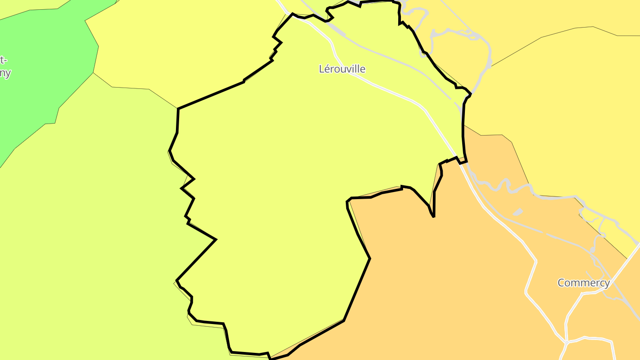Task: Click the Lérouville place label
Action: (342, 69)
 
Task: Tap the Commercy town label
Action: (584, 283)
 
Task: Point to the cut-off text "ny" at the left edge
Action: (5, 73)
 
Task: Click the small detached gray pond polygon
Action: (517, 212)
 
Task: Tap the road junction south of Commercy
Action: (567, 342)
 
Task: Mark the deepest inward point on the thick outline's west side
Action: (216, 240)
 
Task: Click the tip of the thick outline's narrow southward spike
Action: (433, 216)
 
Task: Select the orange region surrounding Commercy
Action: (444, 276)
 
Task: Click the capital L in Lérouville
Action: (322, 69)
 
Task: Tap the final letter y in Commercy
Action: (607, 284)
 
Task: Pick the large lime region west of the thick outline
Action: (89, 222)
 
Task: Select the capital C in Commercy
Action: (561, 283)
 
